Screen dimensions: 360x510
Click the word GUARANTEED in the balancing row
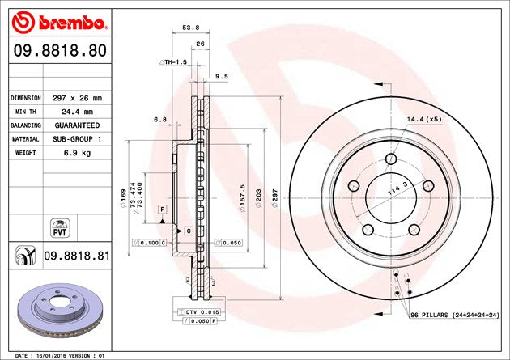[x=77, y=126]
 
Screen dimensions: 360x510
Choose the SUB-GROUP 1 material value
[x=77, y=139]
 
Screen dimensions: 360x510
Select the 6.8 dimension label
[x=160, y=119]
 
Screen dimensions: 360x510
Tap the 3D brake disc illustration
[x=55, y=311]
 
